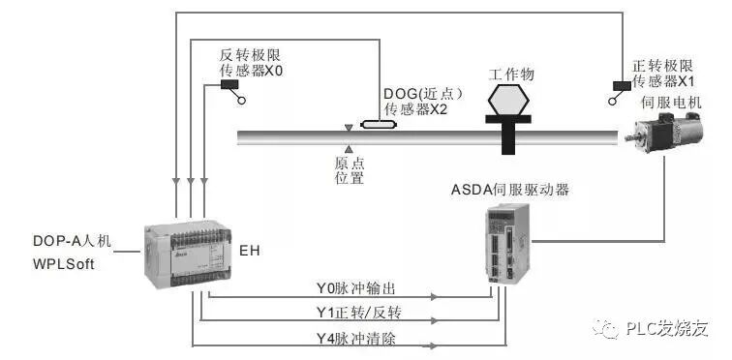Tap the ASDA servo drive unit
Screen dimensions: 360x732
pyautogui.click(x=505, y=243)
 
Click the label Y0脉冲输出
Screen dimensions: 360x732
pyautogui.click(x=358, y=289)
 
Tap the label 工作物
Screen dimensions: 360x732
pyautogui.click(x=511, y=74)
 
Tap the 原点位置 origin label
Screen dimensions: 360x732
pyautogui.click(x=349, y=169)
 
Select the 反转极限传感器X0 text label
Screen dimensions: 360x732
pyautogui.click(x=251, y=63)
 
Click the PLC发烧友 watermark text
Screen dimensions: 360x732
pyautogui.click(x=668, y=329)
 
